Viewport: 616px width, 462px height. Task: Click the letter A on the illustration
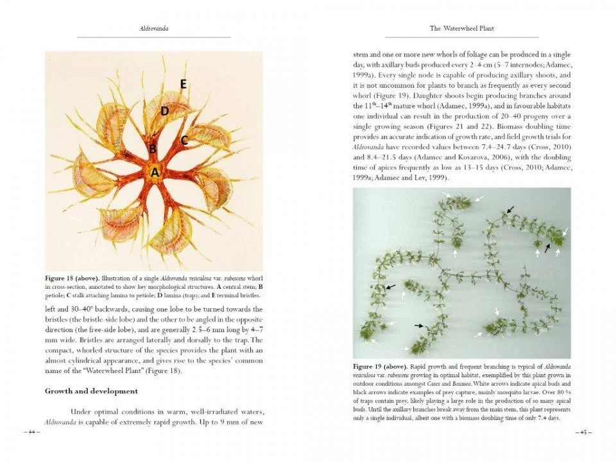[155, 172]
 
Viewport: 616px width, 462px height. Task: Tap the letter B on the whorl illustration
[153, 150]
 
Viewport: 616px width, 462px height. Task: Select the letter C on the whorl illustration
[184, 139]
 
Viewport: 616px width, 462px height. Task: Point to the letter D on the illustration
[164, 111]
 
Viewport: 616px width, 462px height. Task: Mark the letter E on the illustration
[183, 84]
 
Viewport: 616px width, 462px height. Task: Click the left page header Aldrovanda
[153, 29]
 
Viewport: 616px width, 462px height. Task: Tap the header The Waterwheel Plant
[461, 29]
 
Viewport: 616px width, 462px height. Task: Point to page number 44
[31, 432]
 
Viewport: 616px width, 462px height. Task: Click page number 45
[584, 432]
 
